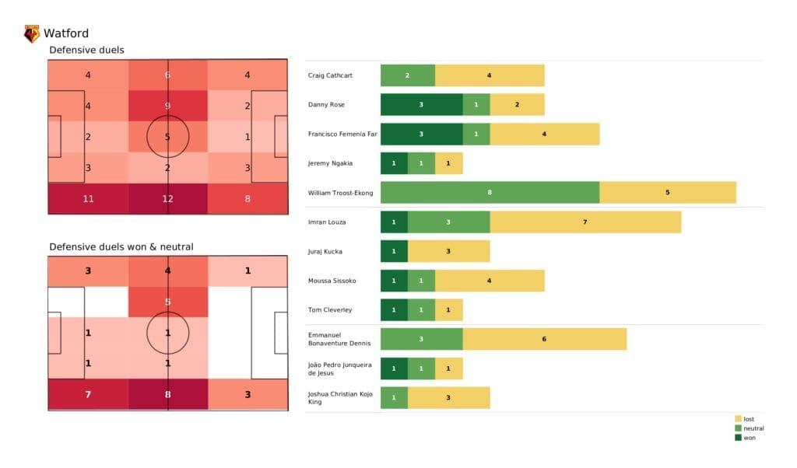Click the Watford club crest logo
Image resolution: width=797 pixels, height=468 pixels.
point(32,33)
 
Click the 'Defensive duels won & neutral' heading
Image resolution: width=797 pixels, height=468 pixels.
point(121,246)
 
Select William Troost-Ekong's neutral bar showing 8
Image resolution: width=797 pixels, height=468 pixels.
point(490,192)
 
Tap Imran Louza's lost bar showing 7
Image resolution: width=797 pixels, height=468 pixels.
point(585,222)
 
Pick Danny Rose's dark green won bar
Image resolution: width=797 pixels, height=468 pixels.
point(421,104)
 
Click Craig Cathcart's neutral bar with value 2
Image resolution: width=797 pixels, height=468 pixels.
point(407,75)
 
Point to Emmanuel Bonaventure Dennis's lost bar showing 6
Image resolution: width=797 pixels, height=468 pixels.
point(544,339)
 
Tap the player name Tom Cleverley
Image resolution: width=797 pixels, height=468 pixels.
point(331,309)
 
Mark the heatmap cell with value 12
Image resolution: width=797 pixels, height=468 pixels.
point(168,198)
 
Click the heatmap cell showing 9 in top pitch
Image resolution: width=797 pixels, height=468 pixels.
point(168,106)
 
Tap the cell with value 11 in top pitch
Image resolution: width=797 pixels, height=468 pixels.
point(88,198)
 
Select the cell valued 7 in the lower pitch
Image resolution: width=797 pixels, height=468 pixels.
point(88,395)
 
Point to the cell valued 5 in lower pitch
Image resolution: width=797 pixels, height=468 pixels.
point(168,302)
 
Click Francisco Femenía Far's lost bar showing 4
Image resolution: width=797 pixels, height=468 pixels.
point(544,134)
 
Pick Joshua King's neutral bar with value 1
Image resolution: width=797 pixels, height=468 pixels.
point(394,398)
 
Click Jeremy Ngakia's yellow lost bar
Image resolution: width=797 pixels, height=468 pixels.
point(448,163)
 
